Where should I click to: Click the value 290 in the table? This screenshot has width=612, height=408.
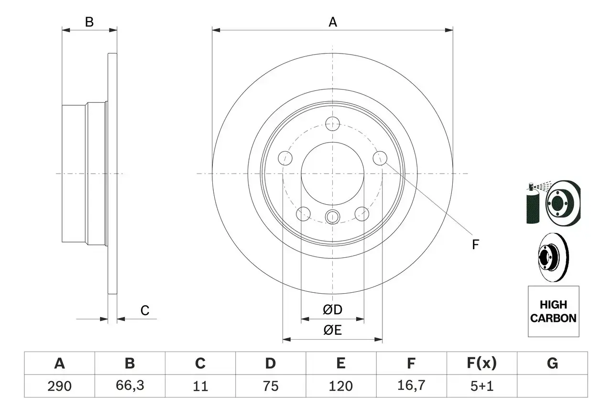[x=59, y=386]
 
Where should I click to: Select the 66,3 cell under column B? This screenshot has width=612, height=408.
[x=130, y=386]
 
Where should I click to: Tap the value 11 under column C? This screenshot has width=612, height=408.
[x=200, y=386]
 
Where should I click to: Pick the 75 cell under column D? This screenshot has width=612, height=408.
[x=270, y=386]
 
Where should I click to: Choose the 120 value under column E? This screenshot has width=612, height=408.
[x=340, y=386]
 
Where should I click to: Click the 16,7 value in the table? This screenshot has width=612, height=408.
[x=411, y=386]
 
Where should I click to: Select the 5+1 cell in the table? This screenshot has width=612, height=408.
[x=481, y=386]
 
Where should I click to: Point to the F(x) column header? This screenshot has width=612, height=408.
[x=481, y=364]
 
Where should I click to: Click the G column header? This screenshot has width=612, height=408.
[x=552, y=364]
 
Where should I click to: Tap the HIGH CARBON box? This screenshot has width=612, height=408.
[x=553, y=311]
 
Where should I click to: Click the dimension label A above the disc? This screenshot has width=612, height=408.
[x=333, y=22]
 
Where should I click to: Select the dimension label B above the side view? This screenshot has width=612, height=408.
[x=89, y=22]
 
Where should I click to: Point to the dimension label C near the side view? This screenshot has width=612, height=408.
[x=145, y=311]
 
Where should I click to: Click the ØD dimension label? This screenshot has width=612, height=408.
[x=333, y=310]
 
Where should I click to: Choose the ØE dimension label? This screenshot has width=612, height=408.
[x=333, y=331]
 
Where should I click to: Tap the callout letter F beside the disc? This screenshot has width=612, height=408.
[x=475, y=245]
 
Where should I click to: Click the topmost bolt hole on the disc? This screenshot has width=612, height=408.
[x=332, y=124]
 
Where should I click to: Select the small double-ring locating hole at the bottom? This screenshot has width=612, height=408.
[x=332, y=217]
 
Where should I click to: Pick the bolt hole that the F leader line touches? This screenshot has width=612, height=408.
[x=380, y=158]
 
